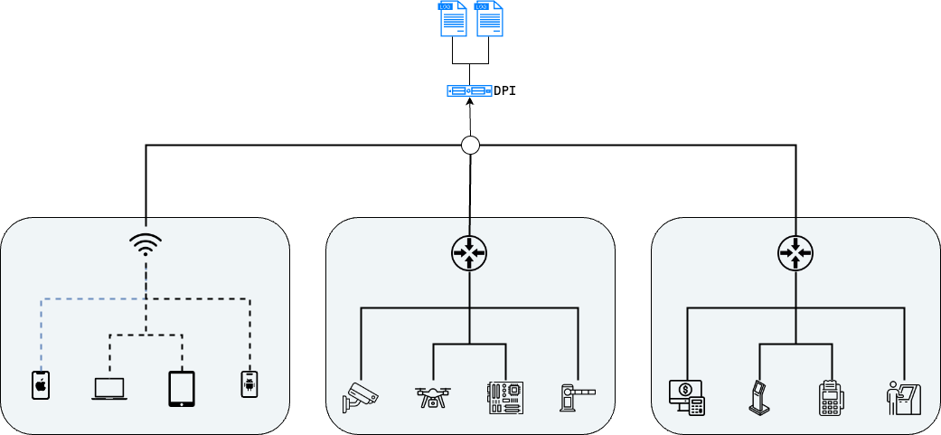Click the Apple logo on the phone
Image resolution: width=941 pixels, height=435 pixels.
tap(41, 386)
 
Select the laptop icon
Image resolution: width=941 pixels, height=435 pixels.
tap(109, 389)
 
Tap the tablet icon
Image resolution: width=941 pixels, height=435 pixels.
tap(182, 388)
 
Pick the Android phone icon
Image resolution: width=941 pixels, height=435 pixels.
tap(249, 384)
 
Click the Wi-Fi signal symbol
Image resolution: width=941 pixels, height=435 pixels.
tap(146, 243)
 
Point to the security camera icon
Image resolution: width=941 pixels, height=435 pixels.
tap(360, 397)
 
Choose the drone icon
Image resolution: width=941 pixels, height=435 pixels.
tap(433, 397)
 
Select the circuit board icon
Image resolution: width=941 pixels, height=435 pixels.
tap(504, 397)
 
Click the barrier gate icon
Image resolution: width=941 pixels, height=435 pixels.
tap(578, 397)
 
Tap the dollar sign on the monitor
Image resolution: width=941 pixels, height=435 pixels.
tap(685, 391)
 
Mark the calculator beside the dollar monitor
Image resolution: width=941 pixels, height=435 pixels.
tap(696, 407)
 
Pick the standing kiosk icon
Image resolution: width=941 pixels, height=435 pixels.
tap(759, 397)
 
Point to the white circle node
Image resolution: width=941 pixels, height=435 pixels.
tap(470, 145)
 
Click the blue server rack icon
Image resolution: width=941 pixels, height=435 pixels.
tap(470, 90)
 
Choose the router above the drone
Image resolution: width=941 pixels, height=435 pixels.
tap(469, 252)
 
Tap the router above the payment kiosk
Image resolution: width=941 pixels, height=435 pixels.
tap(795, 252)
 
